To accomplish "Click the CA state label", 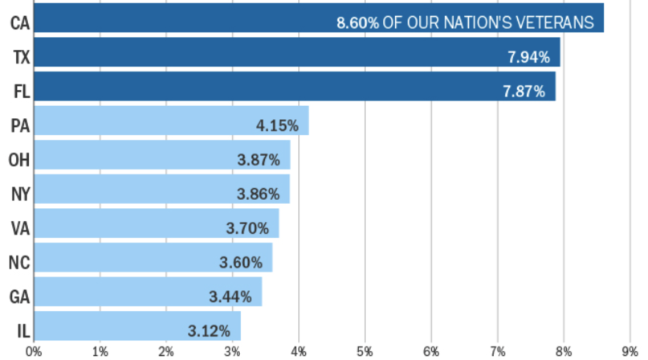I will tap(20, 22).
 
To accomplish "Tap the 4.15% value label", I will tap(277, 125).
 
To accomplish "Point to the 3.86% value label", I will tap(258, 194).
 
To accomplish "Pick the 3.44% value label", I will tap(230, 297).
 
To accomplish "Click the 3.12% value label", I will tap(210, 330).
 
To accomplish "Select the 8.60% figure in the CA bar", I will tap(357, 22).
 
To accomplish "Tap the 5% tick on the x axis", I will tap(365, 351).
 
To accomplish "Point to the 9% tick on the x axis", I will tap(630, 351).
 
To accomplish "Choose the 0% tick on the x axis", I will tap(34, 351).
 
